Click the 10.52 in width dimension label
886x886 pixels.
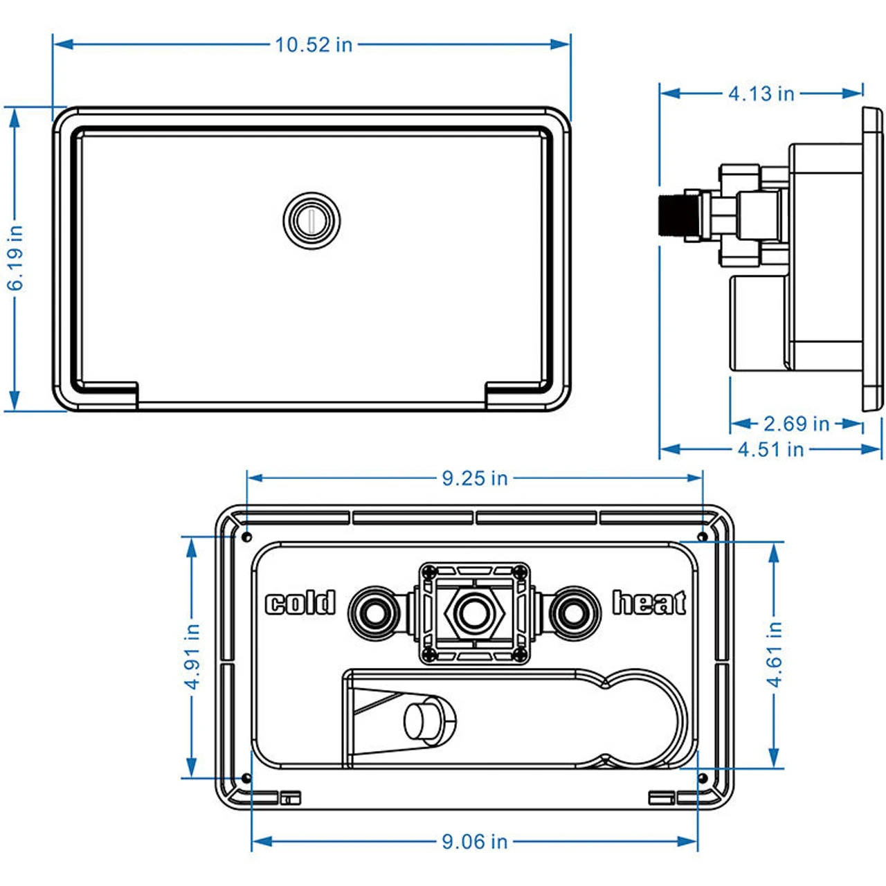[314, 45]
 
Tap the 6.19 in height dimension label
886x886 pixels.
[15, 257]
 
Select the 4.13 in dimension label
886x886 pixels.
[761, 93]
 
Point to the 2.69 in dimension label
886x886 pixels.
[796, 424]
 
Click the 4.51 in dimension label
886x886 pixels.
[770, 449]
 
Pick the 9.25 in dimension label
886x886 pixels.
[475, 478]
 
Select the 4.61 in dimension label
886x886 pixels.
[775, 653]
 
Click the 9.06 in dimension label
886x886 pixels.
[475, 842]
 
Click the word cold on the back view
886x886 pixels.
[300, 604]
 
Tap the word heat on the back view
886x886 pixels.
[649, 604]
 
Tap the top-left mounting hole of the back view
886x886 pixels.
[247, 537]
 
